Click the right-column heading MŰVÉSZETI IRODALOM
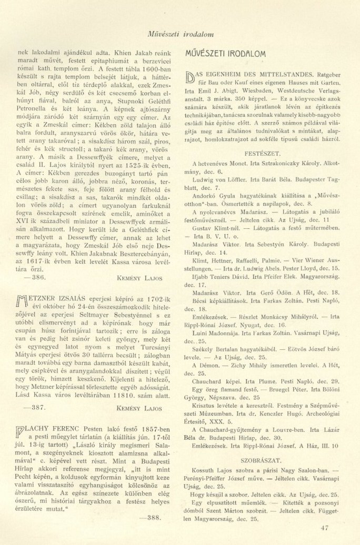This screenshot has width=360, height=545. pos(226,54)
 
